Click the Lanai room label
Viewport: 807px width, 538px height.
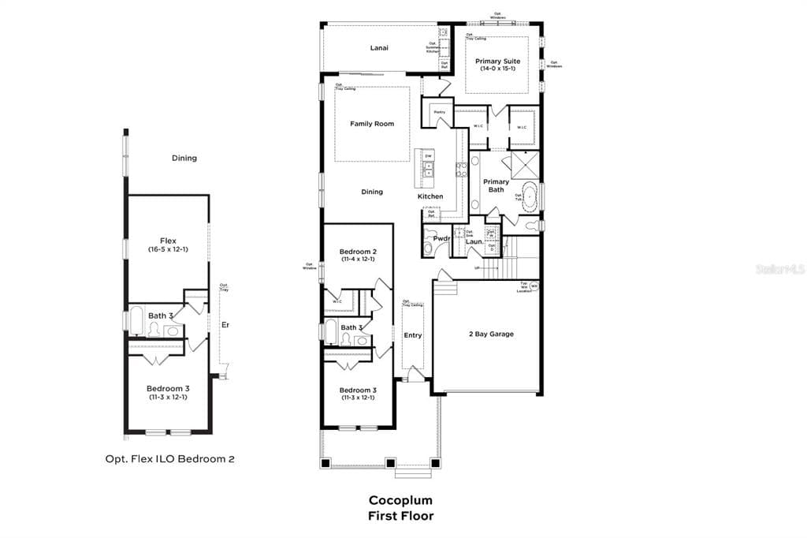click(380, 48)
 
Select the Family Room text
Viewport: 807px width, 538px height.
click(372, 124)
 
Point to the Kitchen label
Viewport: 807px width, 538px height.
click(430, 196)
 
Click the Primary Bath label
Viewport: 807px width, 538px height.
click(496, 186)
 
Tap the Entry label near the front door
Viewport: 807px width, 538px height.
click(413, 335)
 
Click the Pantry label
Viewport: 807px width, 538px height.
click(440, 113)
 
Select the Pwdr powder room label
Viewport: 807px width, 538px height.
click(441, 238)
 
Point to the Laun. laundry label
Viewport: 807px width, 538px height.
click(474, 241)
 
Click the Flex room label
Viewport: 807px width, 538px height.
click(168, 241)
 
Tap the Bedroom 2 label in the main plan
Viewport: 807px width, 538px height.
click(358, 252)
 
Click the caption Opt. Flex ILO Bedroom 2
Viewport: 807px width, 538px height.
click(169, 458)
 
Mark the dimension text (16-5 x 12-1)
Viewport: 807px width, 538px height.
click(168, 249)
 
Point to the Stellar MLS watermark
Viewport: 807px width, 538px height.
click(779, 269)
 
